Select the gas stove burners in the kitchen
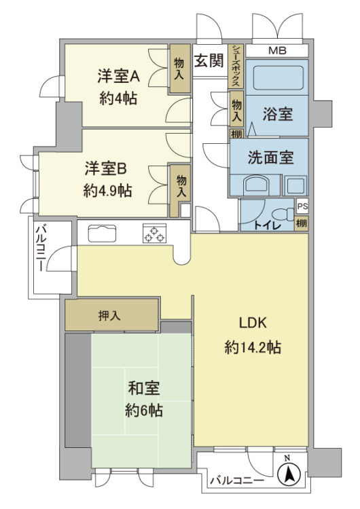coord(154,233)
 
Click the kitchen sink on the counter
coord(102,233)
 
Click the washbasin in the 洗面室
coord(256,186)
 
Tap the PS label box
coord(302,206)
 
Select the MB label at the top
coord(278,51)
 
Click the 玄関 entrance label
coord(209,60)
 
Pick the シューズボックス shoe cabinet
coord(236,67)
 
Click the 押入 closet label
coord(109,316)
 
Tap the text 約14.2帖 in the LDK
coord(253,348)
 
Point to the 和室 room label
coord(144,388)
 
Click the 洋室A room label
coord(119,77)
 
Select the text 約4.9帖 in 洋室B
coord(107,191)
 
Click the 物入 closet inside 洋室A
coord(179,69)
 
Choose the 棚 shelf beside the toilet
coord(302,224)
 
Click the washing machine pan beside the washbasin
coord(295,186)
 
